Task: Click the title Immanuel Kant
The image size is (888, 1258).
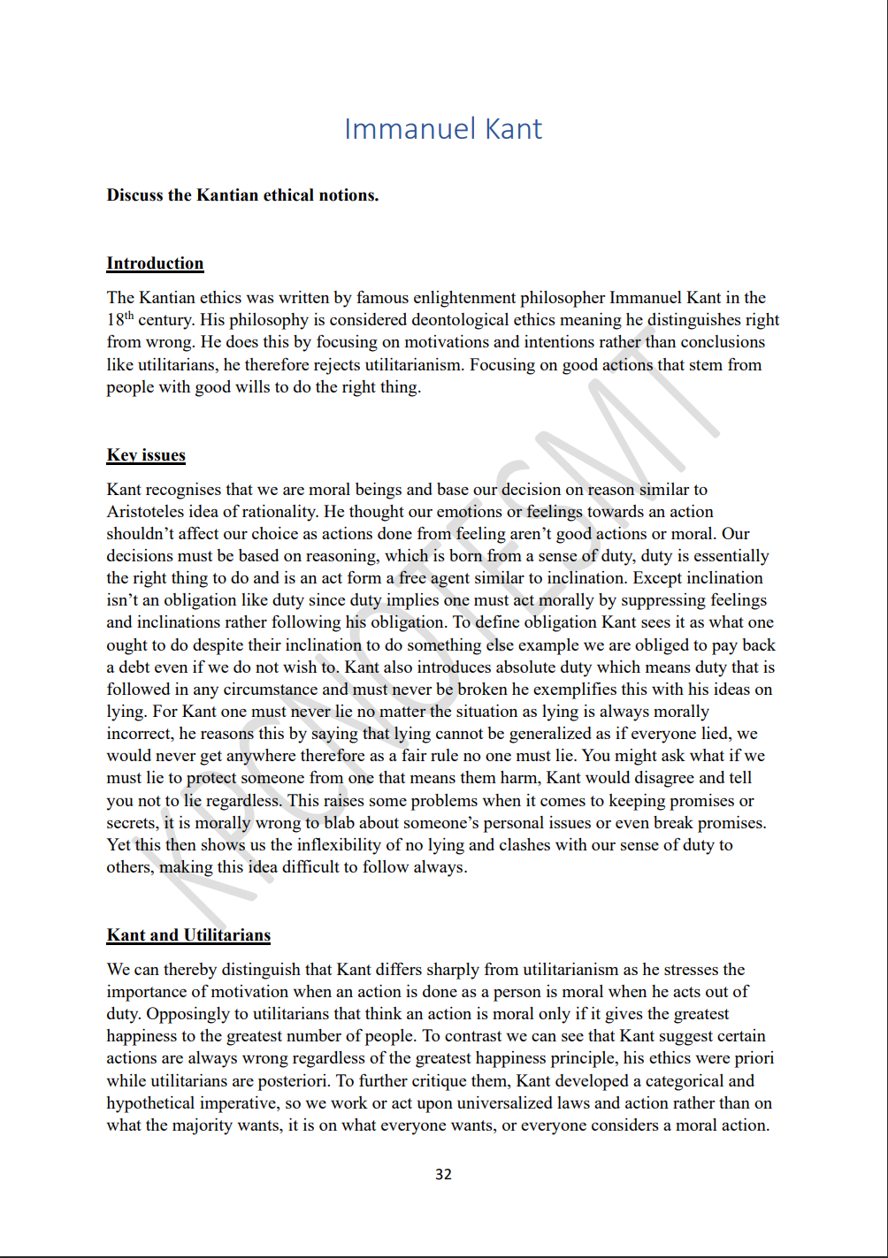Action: point(442,129)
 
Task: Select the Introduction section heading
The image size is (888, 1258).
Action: point(155,263)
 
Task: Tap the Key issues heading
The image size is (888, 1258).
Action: point(146,455)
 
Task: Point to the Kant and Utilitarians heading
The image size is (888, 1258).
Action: point(188,935)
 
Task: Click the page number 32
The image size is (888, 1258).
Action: point(443,1174)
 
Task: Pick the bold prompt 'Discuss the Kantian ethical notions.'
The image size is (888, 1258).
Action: point(242,195)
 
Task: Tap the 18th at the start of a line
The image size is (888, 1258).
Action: point(119,319)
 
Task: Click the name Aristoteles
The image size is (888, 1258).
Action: point(147,512)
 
